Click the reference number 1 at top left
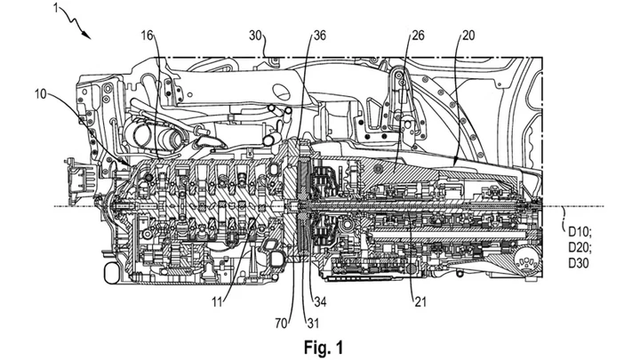pos(56,8)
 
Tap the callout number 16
pos(148,36)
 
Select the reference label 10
pos(40,94)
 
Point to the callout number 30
pos(255,36)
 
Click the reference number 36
pos(320,36)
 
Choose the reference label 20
pos(468,36)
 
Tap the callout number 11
pos(217,302)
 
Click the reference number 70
pos(281,324)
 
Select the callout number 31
pos(312,324)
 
